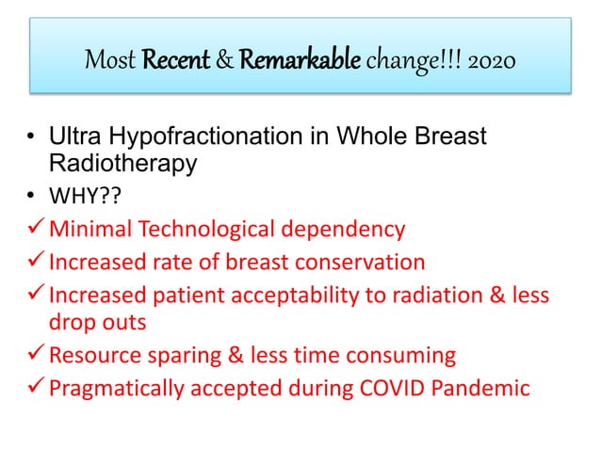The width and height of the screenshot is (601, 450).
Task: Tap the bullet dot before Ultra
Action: click(x=30, y=139)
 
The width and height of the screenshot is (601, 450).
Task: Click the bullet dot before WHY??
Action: click(x=30, y=196)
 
